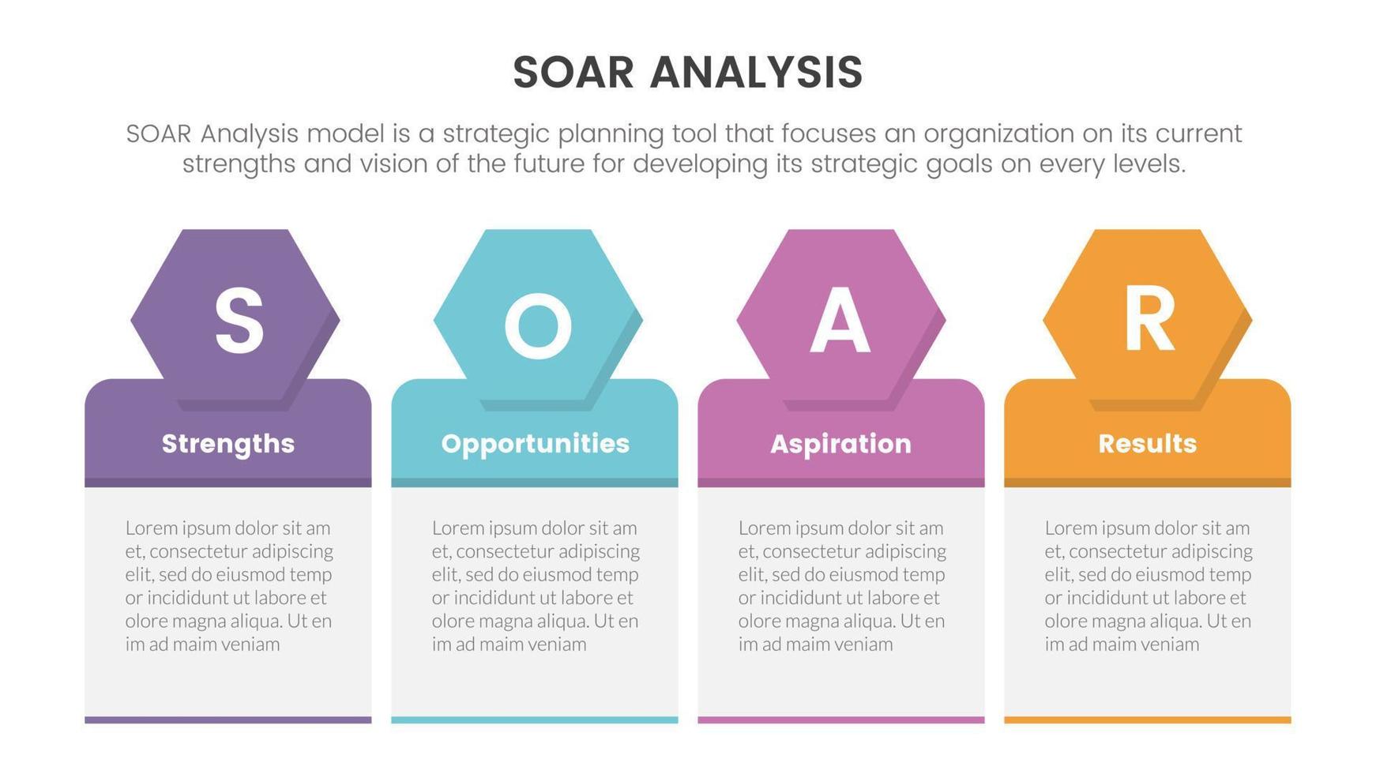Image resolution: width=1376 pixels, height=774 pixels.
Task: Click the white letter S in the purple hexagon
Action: tap(239, 320)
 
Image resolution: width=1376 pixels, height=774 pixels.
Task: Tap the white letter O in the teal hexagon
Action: tap(538, 325)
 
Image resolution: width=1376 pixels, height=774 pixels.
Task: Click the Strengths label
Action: tap(228, 444)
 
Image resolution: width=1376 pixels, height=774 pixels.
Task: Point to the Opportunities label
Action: tap(536, 444)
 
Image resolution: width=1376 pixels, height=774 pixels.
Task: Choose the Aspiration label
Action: tap(841, 444)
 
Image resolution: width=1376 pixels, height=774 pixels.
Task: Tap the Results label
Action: tap(1148, 443)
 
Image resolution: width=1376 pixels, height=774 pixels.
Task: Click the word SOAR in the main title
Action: tap(573, 73)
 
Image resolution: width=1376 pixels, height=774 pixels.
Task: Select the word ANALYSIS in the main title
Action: tap(757, 73)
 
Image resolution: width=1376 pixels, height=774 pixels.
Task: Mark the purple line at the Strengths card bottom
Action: tap(228, 720)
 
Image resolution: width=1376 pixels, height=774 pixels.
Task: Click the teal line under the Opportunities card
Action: tap(535, 720)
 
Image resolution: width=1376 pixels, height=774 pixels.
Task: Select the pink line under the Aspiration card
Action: tap(841, 720)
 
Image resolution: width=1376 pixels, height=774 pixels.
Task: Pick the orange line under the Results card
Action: tap(1148, 720)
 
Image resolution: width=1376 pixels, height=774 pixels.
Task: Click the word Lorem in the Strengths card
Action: tap(149, 528)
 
